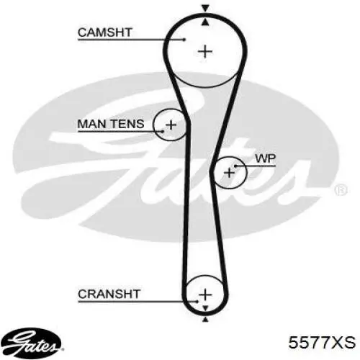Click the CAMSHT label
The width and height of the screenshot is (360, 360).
tap(105, 32)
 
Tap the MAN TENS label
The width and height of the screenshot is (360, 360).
tap(111, 124)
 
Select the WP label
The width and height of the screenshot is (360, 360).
tap(266, 158)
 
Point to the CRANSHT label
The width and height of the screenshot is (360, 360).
tap(109, 294)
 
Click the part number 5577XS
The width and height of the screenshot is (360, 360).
tap(322, 342)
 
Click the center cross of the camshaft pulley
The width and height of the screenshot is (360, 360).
tap(205, 52)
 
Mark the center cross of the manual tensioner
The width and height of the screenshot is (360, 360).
tap(171, 125)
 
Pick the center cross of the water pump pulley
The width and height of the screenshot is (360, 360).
tap(229, 173)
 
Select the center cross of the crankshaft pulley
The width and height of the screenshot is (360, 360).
tap(205, 294)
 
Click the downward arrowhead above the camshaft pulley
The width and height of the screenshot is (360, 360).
tap(205, 9)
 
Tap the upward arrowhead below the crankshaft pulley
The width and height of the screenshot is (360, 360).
tap(205, 319)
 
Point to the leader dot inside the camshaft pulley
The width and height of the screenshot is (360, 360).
tap(184, 40)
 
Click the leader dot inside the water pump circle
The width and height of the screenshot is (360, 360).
tap(235, 166)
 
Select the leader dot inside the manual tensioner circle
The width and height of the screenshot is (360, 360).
tap(163, 131)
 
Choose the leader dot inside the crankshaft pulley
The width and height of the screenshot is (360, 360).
tap(197, 302)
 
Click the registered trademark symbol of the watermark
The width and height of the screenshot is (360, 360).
tap(341, 189)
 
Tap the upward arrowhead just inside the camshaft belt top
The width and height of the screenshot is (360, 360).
tap(205, 22)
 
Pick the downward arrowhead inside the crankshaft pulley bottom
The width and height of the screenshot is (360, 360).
tap(205, 308)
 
